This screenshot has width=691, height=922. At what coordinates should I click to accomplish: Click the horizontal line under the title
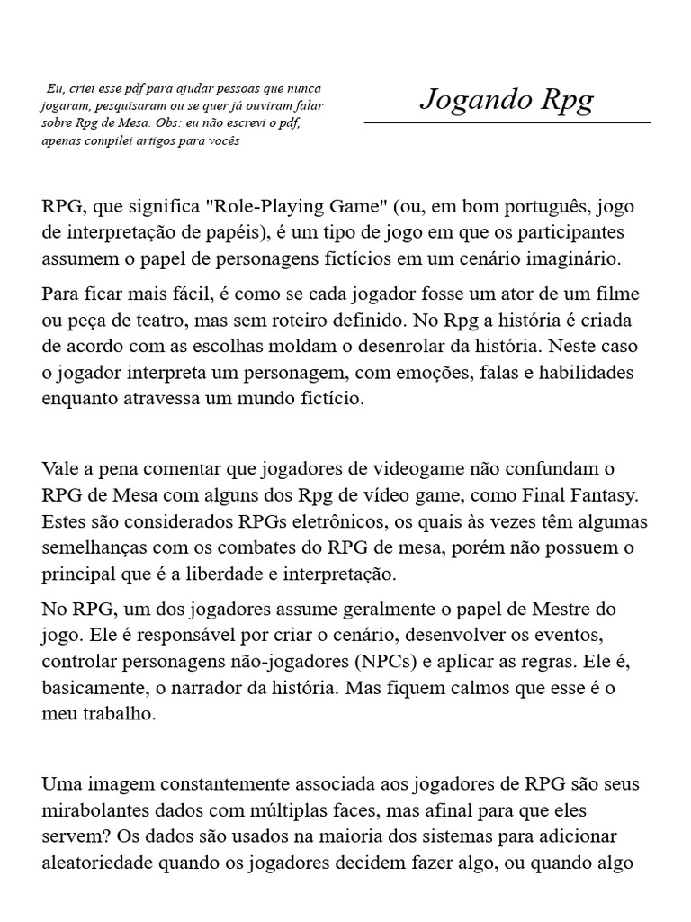(x=507, y=122)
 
